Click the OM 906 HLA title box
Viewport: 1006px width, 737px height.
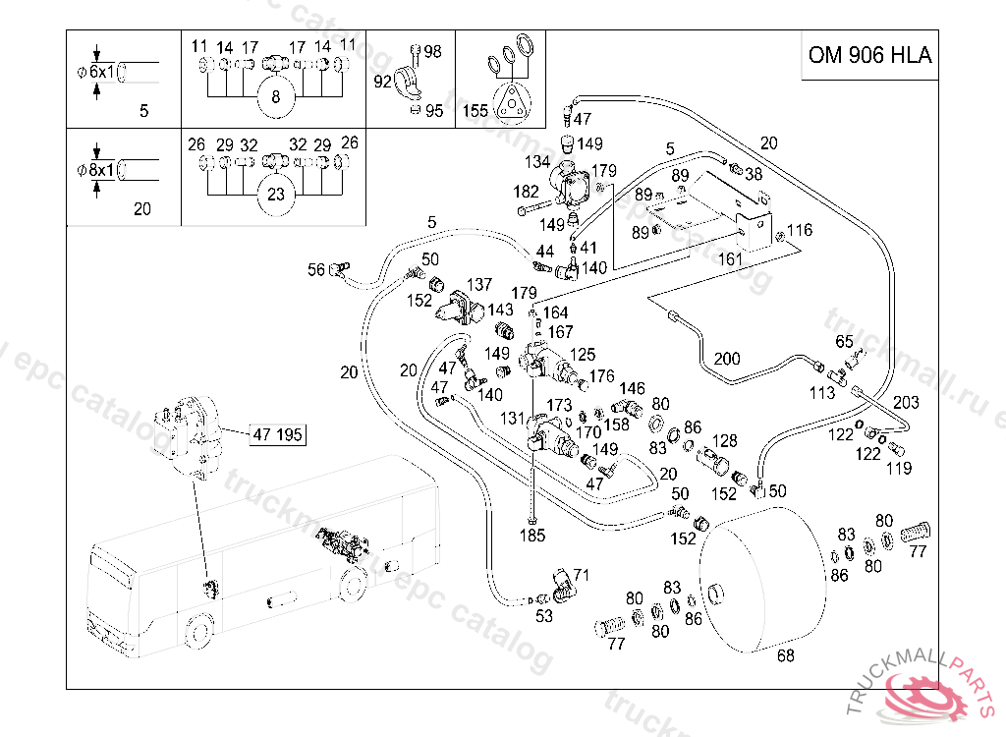click(869, 55)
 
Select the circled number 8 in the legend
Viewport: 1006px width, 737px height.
click(276, 96)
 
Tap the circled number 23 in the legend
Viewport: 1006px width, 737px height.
click(276, 195)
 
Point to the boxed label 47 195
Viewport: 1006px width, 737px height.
click(277, 434)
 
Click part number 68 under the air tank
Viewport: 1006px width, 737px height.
click(785, 655)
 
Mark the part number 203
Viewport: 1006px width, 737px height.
click(907, 403)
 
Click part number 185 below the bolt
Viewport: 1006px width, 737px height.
click(532, 537)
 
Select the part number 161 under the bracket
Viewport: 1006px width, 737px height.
click(729, 260)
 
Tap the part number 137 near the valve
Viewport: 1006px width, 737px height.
click(478, 285)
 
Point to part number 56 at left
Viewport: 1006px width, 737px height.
click(316, 268)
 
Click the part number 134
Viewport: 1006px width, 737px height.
click(536, 162)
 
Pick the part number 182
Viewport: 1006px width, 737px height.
click(527, 192)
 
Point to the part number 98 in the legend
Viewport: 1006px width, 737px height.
click(432, 52)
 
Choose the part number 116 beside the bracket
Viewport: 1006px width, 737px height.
click(800, 231)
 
